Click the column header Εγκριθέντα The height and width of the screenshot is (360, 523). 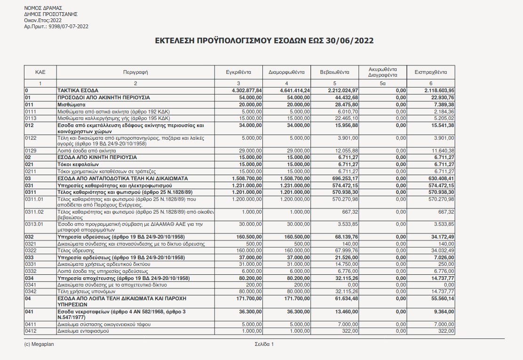tap(238, 72)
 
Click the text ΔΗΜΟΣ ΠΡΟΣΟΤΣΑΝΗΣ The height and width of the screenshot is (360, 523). tap(51, 14)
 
